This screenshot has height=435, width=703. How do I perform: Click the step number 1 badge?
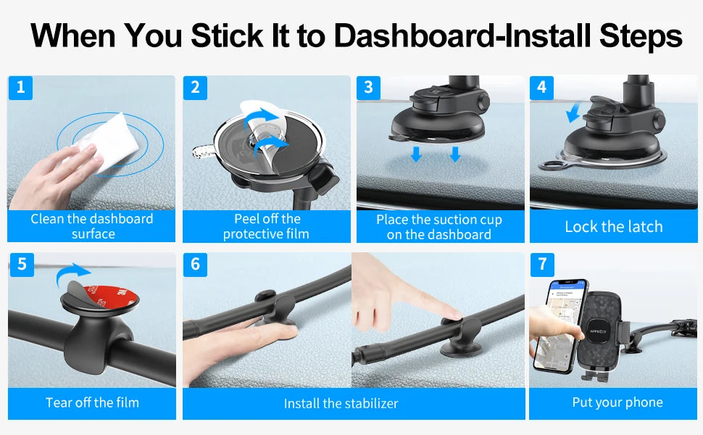click(x=20, y=87)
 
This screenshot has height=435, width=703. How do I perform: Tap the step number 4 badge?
click(x=541, y=87)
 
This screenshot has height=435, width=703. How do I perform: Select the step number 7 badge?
click(x=541, y=264)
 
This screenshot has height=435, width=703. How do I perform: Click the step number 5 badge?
click(x=22, y=264)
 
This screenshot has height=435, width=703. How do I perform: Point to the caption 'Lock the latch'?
click(x=613, y=226)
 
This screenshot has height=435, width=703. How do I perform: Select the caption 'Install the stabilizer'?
click(x=341, y=403)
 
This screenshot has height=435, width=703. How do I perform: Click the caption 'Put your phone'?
click(x=617, y=402)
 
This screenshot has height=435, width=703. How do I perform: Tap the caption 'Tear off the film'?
click(x=92, y=402)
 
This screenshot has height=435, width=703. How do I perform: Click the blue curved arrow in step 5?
click(x=71, y=273)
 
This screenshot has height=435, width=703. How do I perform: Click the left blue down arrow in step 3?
click(x=416, y=154)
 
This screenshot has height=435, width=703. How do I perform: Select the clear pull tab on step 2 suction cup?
click(x=204, y=152)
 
